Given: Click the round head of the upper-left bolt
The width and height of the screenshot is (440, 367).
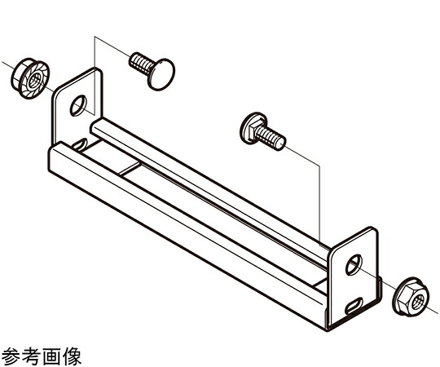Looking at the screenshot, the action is pos(161,74).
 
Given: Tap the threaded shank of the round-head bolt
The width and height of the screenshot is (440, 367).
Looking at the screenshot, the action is pos(141,64).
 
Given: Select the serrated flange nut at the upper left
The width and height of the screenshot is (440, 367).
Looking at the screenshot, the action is pos(30,78).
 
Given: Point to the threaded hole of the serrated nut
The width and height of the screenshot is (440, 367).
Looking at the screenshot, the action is pos(35,81).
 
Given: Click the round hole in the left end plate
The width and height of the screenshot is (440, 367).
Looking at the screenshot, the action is pos(78,105).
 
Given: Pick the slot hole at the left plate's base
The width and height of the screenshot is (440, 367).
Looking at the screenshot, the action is pos(80,144).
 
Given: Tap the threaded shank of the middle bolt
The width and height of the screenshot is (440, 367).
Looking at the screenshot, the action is pos(271,137).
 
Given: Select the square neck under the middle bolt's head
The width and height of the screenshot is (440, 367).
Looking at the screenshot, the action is pos(257,128).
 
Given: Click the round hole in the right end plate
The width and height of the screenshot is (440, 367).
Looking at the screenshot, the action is pos(354,264).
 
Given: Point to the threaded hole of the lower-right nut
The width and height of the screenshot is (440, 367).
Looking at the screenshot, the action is pos(417,299).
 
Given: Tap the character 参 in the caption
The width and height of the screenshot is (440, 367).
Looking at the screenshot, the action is pos(11,356).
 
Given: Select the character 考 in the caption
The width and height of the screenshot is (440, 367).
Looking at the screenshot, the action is pos(32,356).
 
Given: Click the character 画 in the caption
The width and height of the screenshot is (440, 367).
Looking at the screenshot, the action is pos(51,356).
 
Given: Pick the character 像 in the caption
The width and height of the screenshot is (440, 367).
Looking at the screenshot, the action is pos(72,356).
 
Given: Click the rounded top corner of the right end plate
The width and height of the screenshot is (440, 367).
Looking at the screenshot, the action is pos(374,230).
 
